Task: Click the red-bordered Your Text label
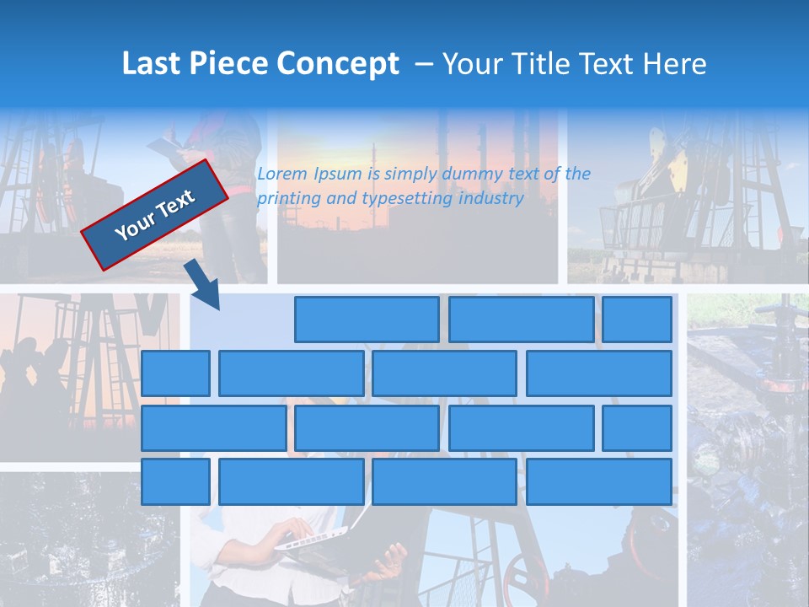pyautogui.click(x=155, y=215)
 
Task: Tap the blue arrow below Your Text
pyautogui.click(x=202, y=285)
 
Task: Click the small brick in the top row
pyautogui.click(x=637, y=320)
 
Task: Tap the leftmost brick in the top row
pyautogui.click(x=367, y=320)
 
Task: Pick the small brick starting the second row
pyautogui.click(x=175, y=373)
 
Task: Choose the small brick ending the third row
pyautogui.click(x=637, y=428)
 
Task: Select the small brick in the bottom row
pyautogui.click(x=175, y=482)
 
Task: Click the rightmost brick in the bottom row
pyautogui.click(x=599, y=482)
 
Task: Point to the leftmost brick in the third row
pyautogui.click(x=214, y=428)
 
